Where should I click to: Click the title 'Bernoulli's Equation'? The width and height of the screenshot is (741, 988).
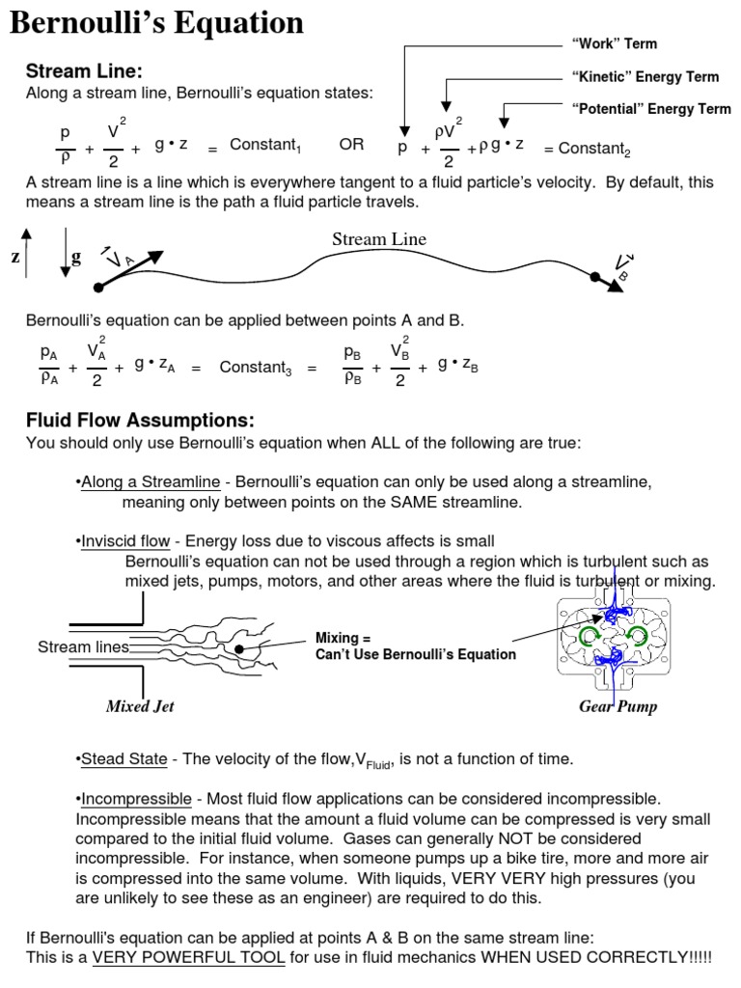click(x=156, y=23)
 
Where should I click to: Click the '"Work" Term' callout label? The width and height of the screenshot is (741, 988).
click(x=615, y=43)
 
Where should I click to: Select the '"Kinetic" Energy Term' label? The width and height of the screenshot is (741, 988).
click(x=645, y=76)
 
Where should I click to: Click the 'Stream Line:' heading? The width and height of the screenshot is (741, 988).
click(x=84, y=71)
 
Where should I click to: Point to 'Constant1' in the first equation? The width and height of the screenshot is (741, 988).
click(x=265, y=146)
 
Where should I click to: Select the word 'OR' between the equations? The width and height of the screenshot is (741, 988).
click(x=351, y=145)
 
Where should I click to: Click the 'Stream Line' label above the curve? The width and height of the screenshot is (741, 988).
click(x=379, y=239)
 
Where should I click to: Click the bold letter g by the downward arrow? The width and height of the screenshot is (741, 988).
click(x=76, y=258)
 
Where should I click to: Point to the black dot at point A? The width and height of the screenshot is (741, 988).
click(x=97, y=288)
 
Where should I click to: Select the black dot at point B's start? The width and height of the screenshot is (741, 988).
click(x=595, y=276)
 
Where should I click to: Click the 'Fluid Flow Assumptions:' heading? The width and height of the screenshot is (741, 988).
click(x=140, y=421)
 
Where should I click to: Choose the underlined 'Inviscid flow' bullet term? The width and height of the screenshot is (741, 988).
click(x=125, y=541)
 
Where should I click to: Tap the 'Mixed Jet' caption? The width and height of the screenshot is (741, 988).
click(x=140, y=706)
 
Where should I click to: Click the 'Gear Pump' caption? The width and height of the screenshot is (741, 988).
click(x=617, y=706)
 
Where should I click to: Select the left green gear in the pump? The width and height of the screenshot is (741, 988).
click(x=589, y=634)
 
